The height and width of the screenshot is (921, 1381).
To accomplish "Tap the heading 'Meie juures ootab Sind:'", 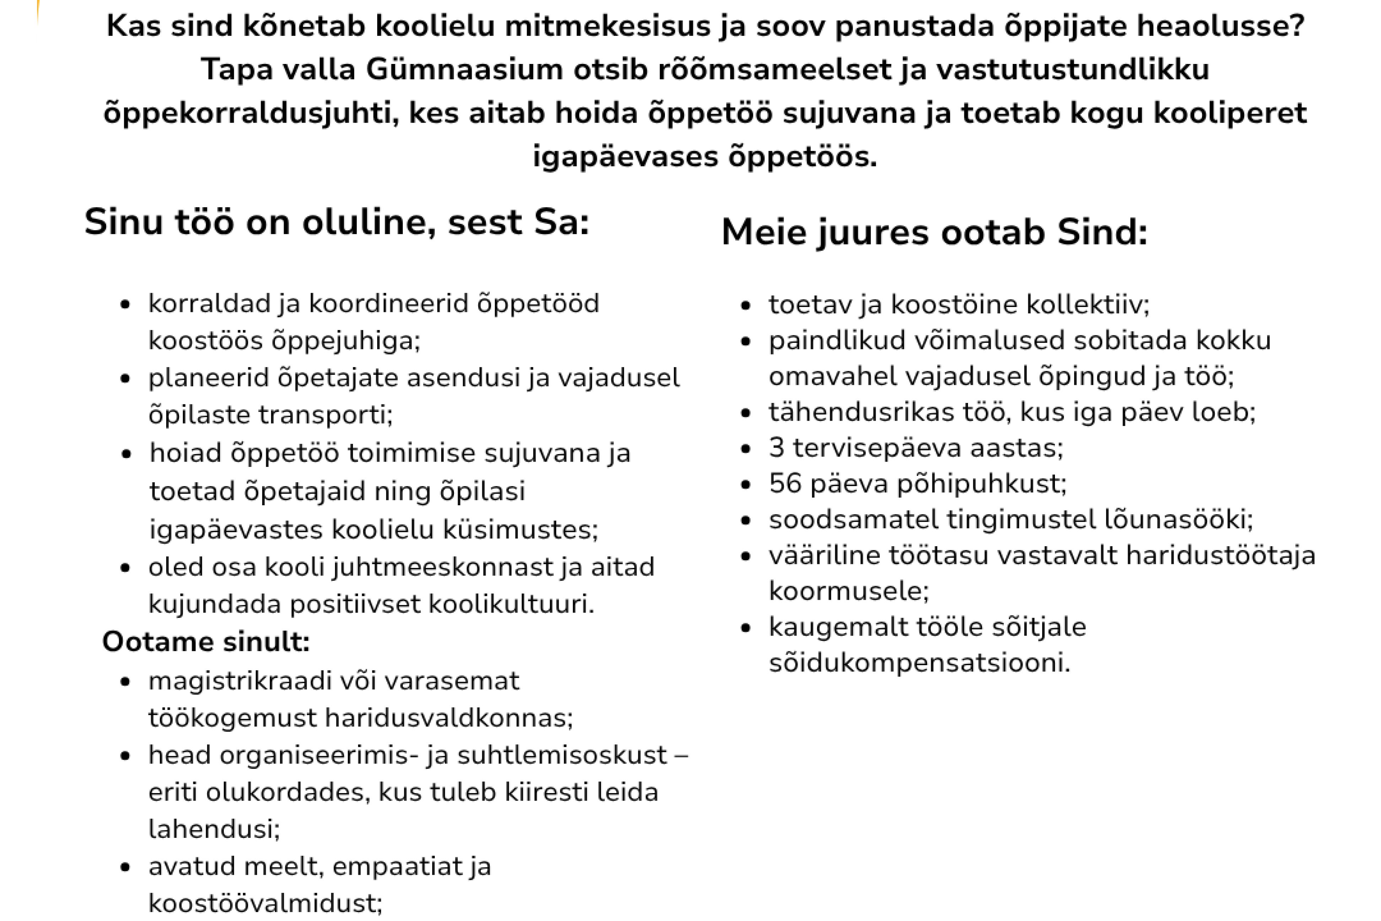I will click(x=934, y=232).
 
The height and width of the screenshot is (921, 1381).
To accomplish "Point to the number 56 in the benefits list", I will click(x=784, y=483).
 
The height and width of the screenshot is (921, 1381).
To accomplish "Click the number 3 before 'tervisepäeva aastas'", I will click(x=776, y=448).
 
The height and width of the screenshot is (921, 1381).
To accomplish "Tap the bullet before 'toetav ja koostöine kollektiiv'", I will click(x=746, y=306).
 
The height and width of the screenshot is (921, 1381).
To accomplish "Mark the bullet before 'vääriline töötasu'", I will click(x=746, y=556).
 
